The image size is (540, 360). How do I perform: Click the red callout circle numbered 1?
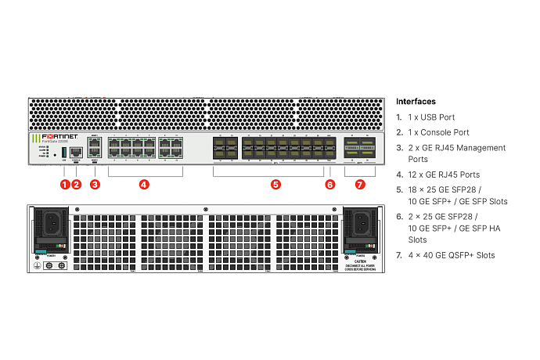[65, 185]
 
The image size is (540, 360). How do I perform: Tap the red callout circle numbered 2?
[77, 185]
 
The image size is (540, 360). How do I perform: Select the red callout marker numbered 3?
[95, 185]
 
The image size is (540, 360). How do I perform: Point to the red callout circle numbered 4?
[144, 185]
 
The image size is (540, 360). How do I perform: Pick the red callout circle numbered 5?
[275, 185]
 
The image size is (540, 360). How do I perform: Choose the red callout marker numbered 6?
[329, 185]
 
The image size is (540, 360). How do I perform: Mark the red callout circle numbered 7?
[360, 185]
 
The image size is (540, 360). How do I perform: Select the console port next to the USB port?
[77, 150]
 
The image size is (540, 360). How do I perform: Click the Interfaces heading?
[416, 102]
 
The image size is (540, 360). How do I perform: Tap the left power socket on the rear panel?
[53, 223]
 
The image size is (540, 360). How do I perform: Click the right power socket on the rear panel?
[360, 223]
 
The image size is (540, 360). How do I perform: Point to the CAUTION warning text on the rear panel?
[361, 262]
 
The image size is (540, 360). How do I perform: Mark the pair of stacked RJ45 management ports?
[95, 149]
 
